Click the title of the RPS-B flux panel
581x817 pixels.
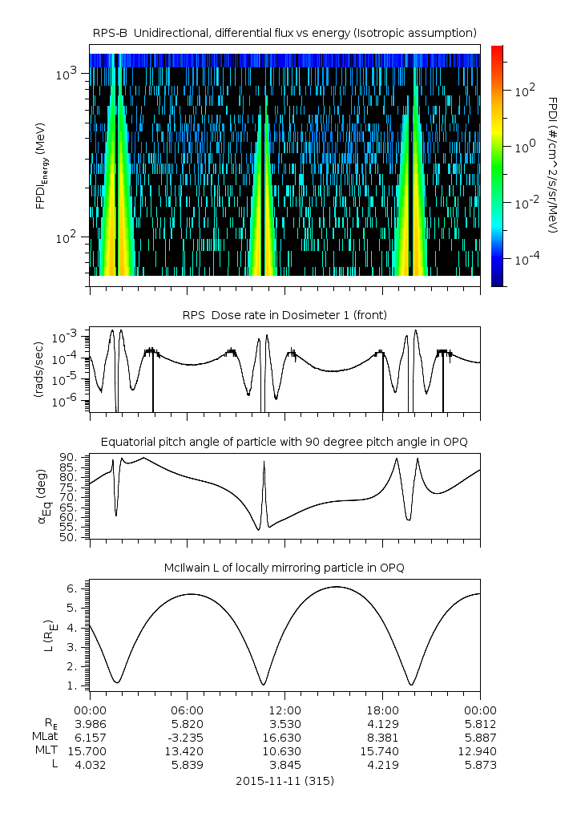tap(284, 32)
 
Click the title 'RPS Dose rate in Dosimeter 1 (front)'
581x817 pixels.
tap(284, 315)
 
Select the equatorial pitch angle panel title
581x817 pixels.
tap(284, 442)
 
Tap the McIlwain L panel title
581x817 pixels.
tap(284, 568)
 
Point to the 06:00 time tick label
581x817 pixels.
tap(187, 710)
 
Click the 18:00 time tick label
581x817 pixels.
tap(382, 710)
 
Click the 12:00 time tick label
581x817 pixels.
tap(284, 710)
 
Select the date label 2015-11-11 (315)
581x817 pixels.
tap(284, 780)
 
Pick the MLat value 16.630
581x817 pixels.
tap(284, 737)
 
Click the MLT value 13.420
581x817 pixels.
tap(187, 751)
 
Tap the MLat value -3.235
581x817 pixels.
tap(187, 737)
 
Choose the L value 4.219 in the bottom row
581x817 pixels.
tap(382, 765)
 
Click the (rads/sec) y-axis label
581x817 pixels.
tap(38, 369)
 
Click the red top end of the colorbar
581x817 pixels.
tap(497, 50)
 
